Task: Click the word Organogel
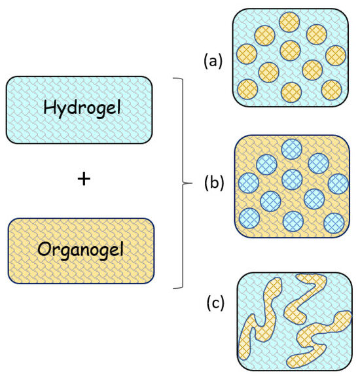[x=80, y=251]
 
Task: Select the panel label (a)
[x=213, y=61]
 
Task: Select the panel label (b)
[x=213, y=181]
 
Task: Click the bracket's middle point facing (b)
[x=186, y=182]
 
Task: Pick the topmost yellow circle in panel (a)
[x=289, y=23]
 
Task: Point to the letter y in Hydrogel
[x=60, y=111]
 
